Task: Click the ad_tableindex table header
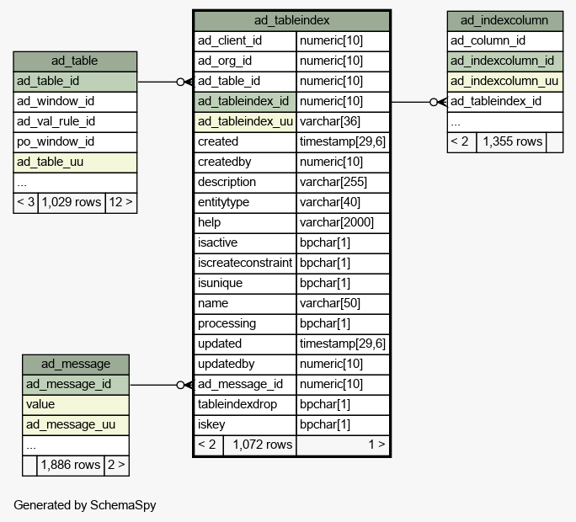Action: click(291, 20)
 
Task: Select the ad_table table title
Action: click(75, 61)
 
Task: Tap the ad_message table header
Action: click(76, 364)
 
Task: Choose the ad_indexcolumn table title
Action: click(504, 20)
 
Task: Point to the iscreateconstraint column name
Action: click(245, 263)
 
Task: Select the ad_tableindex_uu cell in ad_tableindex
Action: click(245, 121)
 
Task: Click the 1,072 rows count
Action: click(262, 445)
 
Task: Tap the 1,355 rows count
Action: click(512, 141)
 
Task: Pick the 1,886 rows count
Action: click(70, 465)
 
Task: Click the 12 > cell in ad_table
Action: click(121, 202)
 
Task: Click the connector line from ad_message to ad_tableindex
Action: click(162, 385)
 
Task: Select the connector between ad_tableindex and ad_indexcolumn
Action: click(419, 102)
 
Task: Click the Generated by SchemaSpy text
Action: click(85, 505)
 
